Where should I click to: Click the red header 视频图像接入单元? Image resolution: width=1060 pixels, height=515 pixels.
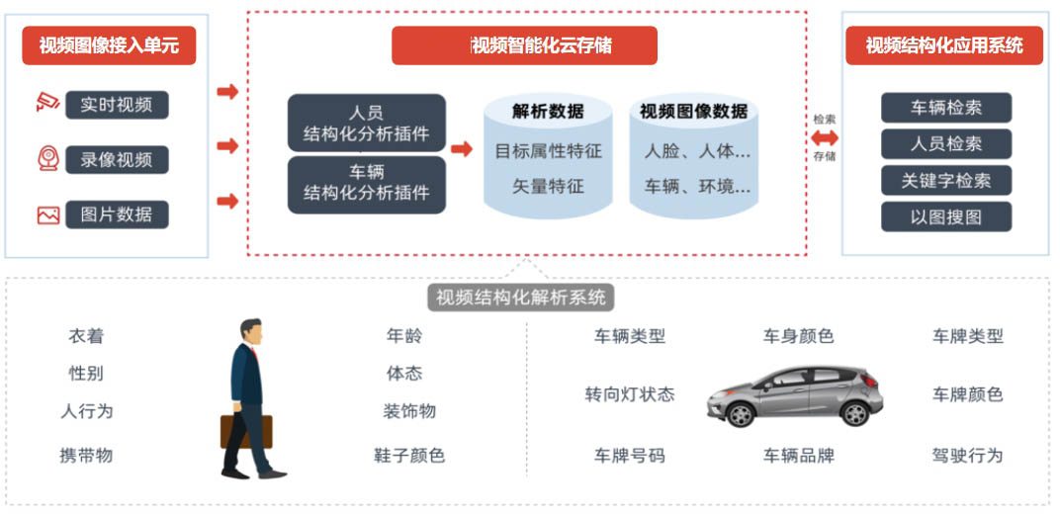[109, 45]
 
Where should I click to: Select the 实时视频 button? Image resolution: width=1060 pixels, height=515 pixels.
[117, 105]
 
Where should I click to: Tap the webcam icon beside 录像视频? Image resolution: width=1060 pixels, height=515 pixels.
[48, 159]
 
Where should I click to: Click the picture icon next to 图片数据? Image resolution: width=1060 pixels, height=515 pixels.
[48, 215]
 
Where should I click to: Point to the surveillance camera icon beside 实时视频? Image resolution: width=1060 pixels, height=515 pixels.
[48, 102]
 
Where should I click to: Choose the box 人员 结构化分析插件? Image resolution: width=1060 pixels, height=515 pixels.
[367, 123]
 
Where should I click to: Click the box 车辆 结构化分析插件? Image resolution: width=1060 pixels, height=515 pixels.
[367, 185]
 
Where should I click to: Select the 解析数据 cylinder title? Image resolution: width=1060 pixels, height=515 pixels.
[548, 111]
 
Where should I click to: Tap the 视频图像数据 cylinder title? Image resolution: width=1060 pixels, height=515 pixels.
[693, 111]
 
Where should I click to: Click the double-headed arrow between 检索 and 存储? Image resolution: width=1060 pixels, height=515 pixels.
[824, 137]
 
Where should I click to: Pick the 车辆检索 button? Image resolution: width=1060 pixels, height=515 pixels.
[946, 108]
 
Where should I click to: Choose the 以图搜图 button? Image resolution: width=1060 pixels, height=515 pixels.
[946, 216]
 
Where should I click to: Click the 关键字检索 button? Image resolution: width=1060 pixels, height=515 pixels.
[946, 181]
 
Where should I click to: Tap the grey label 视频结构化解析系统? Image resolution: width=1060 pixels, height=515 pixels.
[520, 298]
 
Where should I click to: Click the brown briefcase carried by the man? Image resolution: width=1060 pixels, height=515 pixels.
[246, 431]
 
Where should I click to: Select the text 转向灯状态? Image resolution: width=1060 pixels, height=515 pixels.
[629, 394]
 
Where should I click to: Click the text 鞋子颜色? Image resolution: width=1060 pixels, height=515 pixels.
[409, 455]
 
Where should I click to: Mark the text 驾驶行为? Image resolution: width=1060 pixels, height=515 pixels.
[967, 455]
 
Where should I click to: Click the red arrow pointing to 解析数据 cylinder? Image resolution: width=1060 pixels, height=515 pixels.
[462, 148]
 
